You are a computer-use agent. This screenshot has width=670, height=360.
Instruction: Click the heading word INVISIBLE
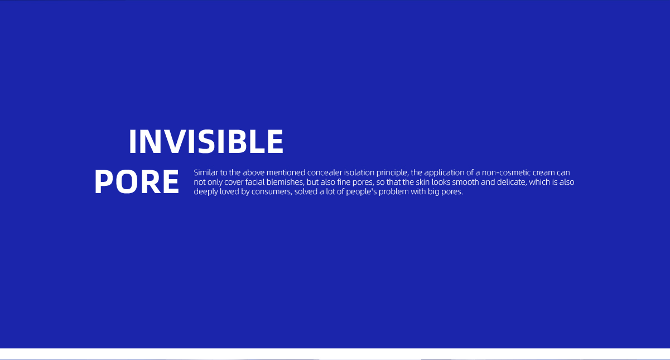(x=206, y=142)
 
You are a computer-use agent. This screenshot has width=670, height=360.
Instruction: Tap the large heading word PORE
(x=137, y=181)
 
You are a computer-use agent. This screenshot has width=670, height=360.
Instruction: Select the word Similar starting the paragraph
(x=206, y=172)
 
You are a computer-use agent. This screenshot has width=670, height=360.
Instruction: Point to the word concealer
(x=325, y=172)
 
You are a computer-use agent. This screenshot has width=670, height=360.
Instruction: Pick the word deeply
(x=206, y=192)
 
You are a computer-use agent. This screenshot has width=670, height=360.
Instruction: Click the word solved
(x=306, y=191)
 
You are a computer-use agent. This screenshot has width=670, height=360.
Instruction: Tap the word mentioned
(x=286, y=172)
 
